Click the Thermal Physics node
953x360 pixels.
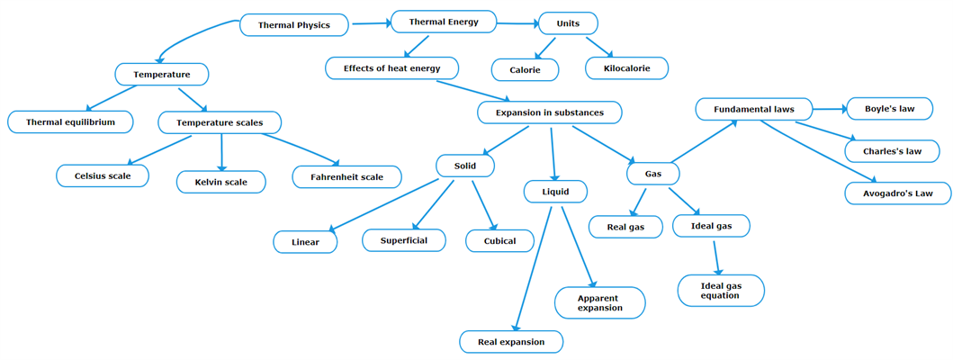click(x=293, y=25)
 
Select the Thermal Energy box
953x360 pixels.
click(x=443, y=22)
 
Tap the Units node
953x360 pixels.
click(x=567, y=23)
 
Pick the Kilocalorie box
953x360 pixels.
click(x=626, y=68)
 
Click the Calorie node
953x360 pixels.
click(x=525, y=69)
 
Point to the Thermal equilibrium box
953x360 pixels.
click(x=70, y=121)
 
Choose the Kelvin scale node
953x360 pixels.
click(x=220, y=182)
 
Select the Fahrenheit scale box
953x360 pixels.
click(x=346, y=176)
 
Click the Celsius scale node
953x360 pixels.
click(x=103, y=175)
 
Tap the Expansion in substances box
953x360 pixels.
click(x=548, y=112)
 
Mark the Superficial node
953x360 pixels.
click(x=403, y=240)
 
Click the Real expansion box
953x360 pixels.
click(x=511, y=342)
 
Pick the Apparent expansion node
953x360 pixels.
click(x=599, y=302)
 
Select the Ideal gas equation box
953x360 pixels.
click(x=720, y=290)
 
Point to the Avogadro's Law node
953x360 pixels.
click(x=897, y=193)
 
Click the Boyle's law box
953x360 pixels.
click(x=889, y=109)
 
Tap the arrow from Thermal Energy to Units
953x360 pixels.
click(x=517, y=23)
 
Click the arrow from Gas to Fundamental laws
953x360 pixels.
click(x=706, y=140)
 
